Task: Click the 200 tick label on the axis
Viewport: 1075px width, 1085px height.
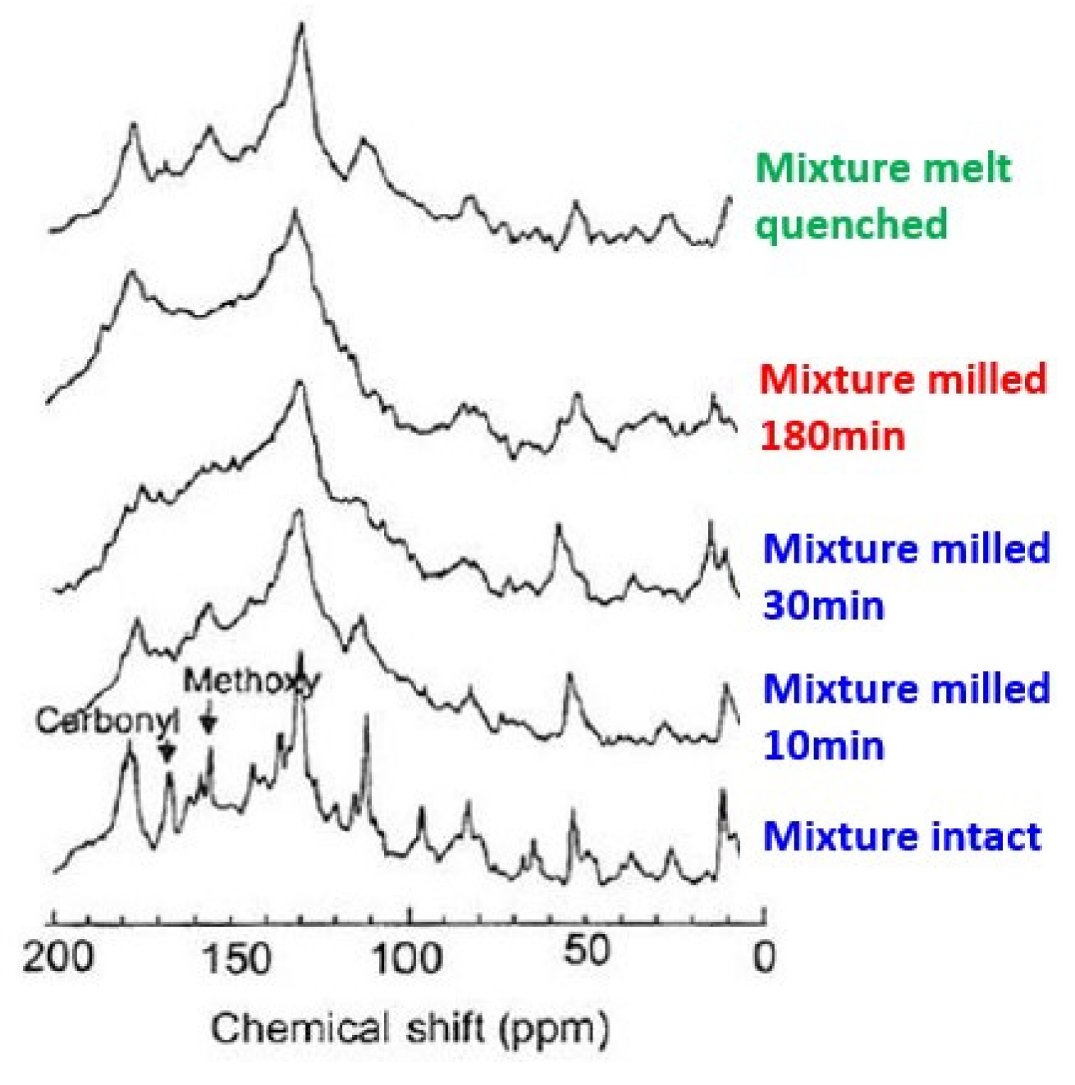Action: tap(57, 957)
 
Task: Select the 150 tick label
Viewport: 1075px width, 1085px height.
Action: tap(236, 957)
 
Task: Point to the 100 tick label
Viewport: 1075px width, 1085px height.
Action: tap(413, 957)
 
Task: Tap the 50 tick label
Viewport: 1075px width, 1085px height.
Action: tap(588, 951)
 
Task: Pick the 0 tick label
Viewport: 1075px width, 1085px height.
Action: tap(764, 957)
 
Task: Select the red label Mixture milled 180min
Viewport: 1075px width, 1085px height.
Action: tap(903, 407)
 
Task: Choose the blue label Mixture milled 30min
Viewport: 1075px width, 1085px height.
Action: tap(906, 577)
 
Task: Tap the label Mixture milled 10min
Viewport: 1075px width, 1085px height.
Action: tap(906, 716)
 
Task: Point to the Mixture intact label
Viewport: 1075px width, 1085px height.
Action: tap(902, 837)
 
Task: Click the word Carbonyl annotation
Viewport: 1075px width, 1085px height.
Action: tap(107, 721)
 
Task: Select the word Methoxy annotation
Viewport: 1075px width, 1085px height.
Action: tap(251, 681)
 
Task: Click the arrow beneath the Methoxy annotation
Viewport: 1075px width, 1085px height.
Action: tap(209, 719)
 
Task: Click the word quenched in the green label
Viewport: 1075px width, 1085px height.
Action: tap(852, 224)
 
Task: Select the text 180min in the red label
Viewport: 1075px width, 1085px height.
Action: tap(832, 435)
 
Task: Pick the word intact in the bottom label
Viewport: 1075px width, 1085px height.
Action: tap(986, 837)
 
